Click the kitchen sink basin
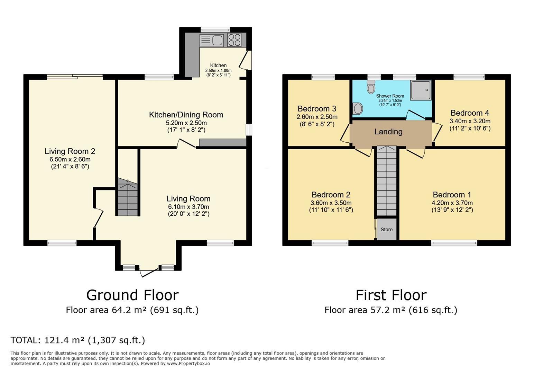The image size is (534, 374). (x=217, y=40)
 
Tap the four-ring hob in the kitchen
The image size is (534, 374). (x=234, y=39)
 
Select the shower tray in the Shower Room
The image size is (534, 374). (x=421, y=90)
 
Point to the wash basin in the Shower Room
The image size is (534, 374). (x=358, y=109)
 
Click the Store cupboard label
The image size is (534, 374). (x=386, y=229)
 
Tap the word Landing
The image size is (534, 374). (x=388, y=132)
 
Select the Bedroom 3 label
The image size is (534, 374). (x=317, y=109)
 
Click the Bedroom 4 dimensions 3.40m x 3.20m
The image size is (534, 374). (x=470, y=121)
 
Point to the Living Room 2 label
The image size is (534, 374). (x=70, y=151)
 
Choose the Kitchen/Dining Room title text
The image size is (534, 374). (x=186, y=115)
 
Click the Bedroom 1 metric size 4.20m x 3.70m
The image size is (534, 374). (x=452, y=203)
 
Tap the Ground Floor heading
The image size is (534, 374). (x=132, y=295)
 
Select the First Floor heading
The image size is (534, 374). (x=391, y=295)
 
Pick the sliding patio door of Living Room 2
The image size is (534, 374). (x=75, y=77)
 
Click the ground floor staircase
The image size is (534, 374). (x=128, y=197)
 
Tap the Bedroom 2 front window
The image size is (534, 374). (x=330, y=243)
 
